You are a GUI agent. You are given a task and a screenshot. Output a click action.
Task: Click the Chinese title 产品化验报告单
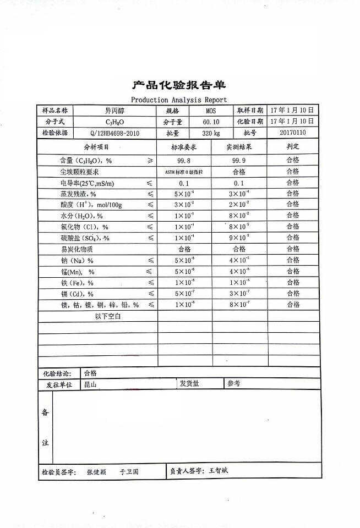[179, 85]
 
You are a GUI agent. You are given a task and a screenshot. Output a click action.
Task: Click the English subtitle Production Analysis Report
[179, 100]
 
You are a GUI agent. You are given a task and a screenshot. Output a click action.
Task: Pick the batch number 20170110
[292, 133]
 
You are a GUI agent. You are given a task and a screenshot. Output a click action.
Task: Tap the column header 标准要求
[184, 147]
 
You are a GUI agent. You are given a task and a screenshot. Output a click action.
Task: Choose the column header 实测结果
[239, 147]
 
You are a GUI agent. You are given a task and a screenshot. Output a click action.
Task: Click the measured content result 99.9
[239, 160]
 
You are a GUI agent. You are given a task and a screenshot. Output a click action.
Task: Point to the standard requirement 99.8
[184, 160]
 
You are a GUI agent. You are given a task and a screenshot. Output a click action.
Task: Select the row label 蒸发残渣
[78, 194]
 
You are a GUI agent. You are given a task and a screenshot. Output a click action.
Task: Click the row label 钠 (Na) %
[77, 260]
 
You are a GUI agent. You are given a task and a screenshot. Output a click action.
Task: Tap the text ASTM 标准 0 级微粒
[184, 172]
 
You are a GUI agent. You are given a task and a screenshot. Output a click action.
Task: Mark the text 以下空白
[108, 316]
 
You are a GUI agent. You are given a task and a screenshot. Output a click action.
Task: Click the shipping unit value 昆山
[90, 385]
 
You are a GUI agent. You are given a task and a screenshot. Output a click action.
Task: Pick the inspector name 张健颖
[96, 472]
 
